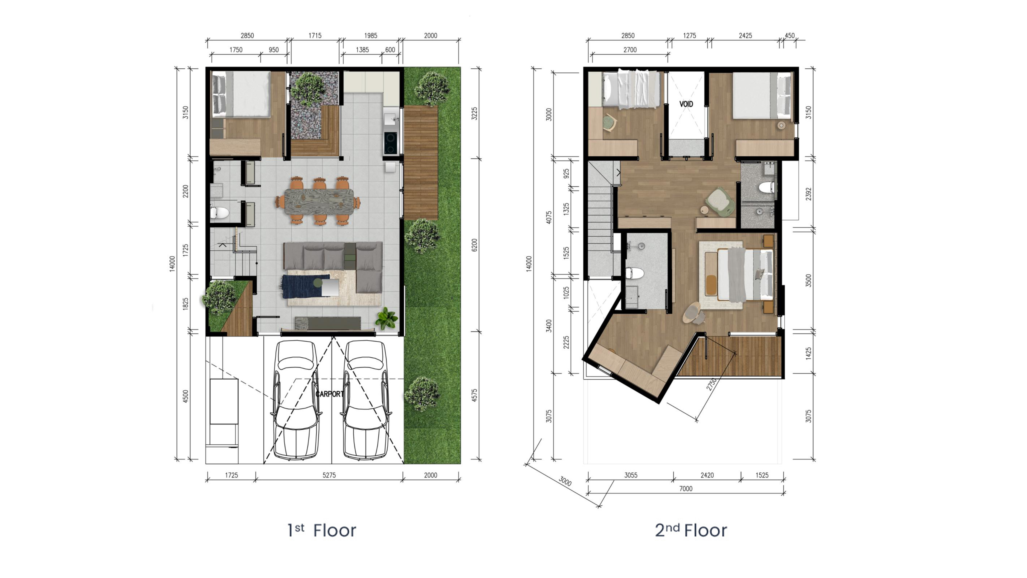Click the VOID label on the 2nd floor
coord(686,104)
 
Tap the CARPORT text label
coord(329,394)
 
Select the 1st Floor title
coord(322,530)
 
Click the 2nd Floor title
coord(691,530)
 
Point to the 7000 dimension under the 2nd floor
coord(686,489)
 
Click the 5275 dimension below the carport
coord(329,475)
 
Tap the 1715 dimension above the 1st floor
coord(315,35)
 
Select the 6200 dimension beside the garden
coord(474,245)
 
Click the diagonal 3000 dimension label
coord(565,481)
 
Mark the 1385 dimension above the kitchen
coord(362,50)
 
